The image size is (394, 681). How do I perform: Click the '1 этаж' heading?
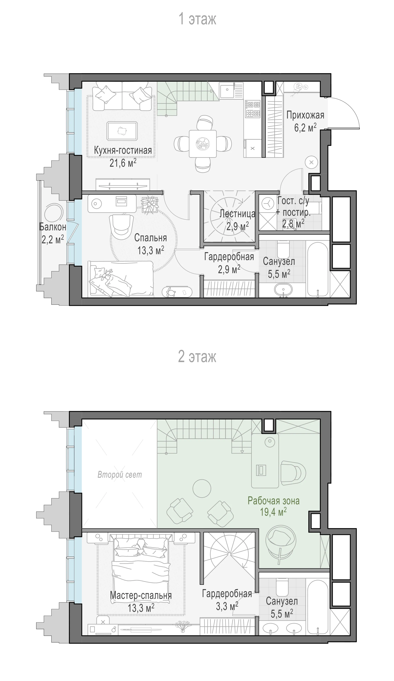[x=197, y=19]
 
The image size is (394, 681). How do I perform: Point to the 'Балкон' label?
[x=53, y=227]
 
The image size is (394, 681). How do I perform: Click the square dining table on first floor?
[x=203, y=144]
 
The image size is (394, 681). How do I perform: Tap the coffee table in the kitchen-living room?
[x=122, y=131]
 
